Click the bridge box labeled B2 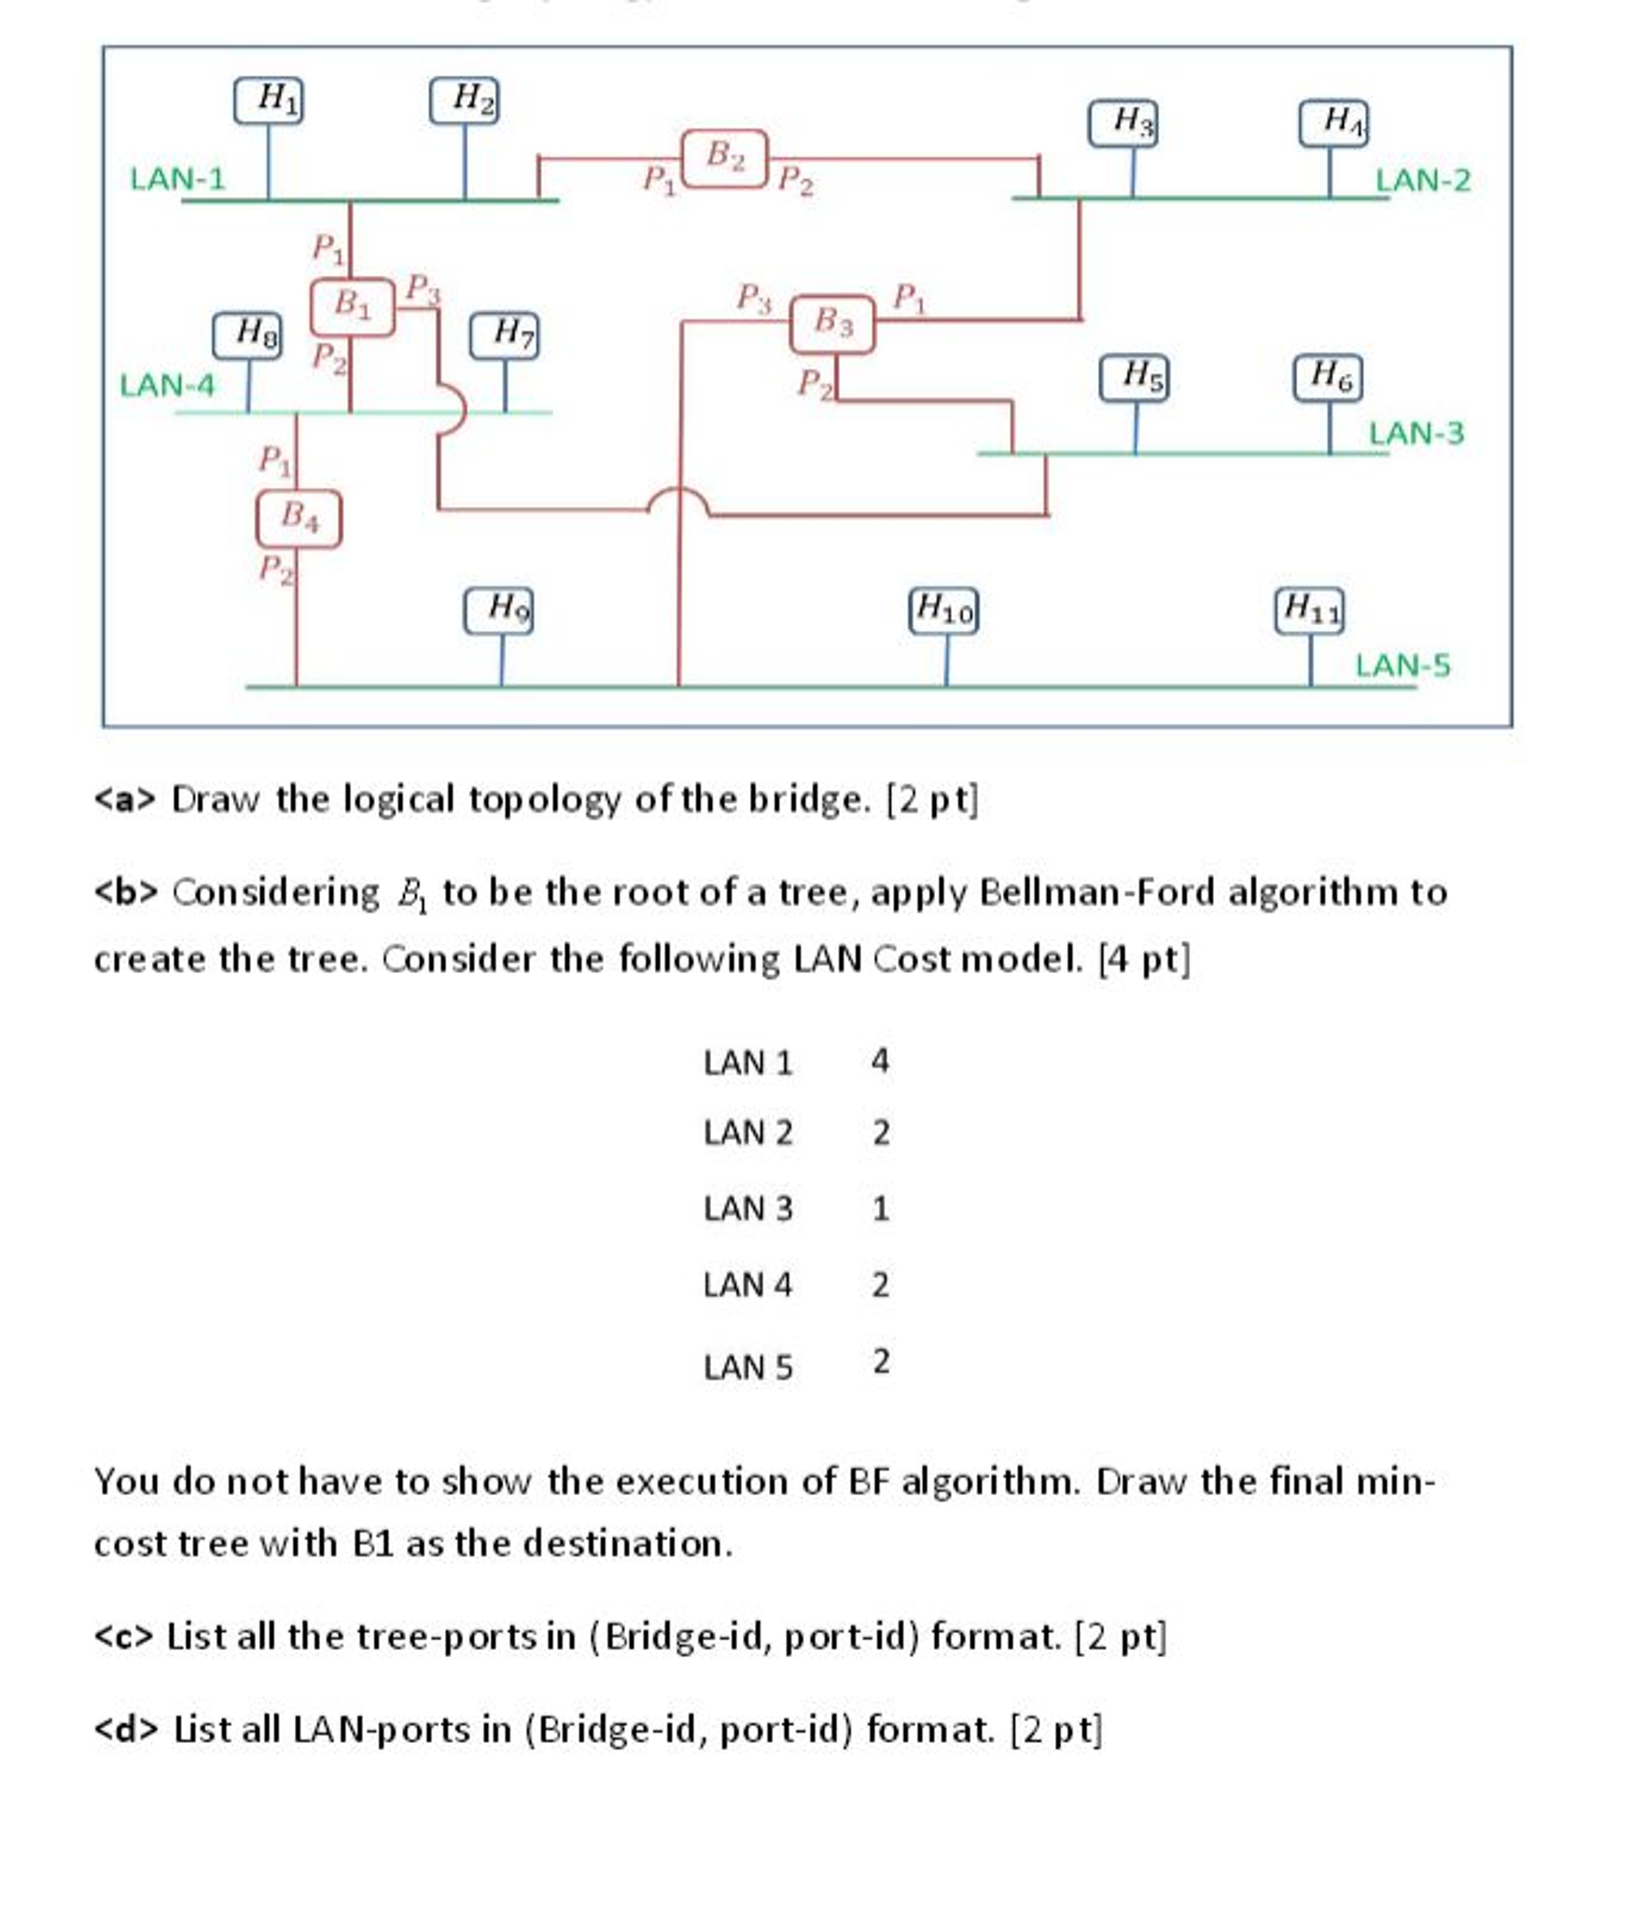click(723, 158)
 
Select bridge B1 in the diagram click(351, 306)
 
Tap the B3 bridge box click(831, 324)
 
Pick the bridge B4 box click(298, 518)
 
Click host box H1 click(268, 100)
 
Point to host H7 click(503, 335)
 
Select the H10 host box click(942, 612)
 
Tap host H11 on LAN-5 click(1308, 611)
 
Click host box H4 click(1333, 123)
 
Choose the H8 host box click(246, 335)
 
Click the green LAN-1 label click(177, 178)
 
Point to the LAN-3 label click(1415, 433)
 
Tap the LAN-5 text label click(1402, 665)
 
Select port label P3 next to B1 click(422, 288)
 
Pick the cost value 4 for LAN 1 click(879, 1060)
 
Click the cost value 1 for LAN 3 click(880, 1208)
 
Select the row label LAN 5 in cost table click(747, 1367)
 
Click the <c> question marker click(122, 1637)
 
